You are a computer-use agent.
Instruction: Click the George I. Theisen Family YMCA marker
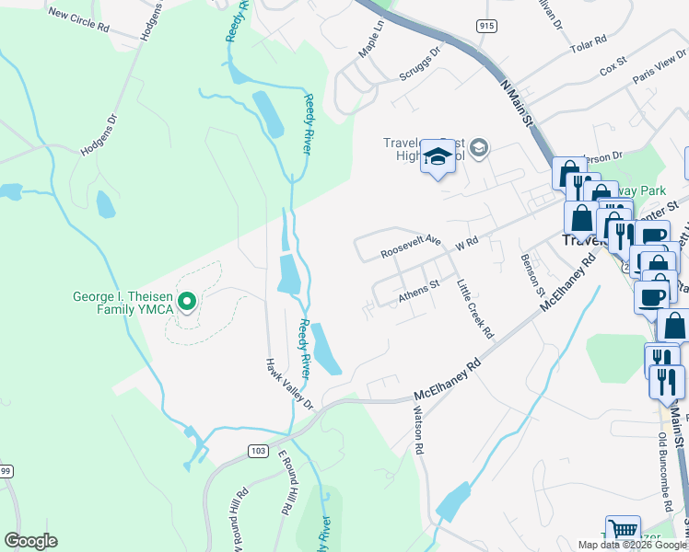(188, 301)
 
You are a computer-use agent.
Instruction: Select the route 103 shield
(258, 450)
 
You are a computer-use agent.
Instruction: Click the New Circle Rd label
(78, 21)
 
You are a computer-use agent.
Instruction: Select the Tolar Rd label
(588, 41)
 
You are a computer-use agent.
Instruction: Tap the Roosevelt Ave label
(413, 248)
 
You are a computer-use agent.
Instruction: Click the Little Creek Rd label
(475, 309)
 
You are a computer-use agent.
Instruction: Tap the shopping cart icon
(624, 530)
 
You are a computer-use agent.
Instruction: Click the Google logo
(30, 541)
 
